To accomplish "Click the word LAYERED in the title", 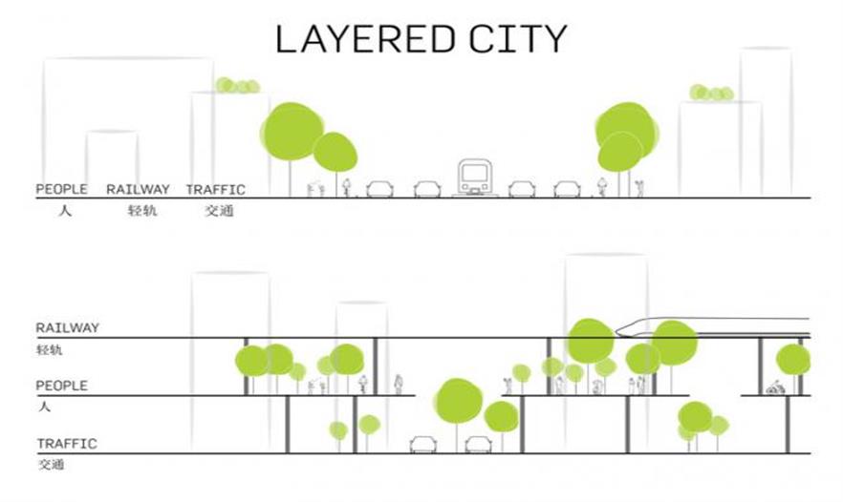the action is [x=365, y=39].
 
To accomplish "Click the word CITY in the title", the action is [x=518, y=39].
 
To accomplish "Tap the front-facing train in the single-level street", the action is [x=474, y=178].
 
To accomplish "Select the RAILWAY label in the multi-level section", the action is [x=68, y=327].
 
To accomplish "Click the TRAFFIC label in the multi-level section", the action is [x=67, y=444].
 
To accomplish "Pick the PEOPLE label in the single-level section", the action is [x=61, y=189].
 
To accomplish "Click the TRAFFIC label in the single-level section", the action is [x=216, y=190].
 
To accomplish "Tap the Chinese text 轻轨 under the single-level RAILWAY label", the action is [x=141, y=211].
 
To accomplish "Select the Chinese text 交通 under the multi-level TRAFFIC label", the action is [x=51, y=465].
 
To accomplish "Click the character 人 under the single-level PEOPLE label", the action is [x=65, y=211].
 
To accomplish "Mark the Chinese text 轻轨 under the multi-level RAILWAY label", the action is [x=50, y=350].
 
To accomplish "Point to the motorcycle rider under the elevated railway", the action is [x=775, y=387].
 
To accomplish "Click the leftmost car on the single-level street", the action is [x=379, y=189].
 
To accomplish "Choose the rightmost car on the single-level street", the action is [x=567, y=189].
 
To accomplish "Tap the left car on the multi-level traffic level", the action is [x=423, y=445].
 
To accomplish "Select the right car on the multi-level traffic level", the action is [x=478, y=445].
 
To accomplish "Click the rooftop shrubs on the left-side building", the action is [x=238, y=85].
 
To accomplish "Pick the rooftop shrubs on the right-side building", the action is [x=712, y=93].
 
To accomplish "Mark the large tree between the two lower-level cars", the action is [x=458, y=402].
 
